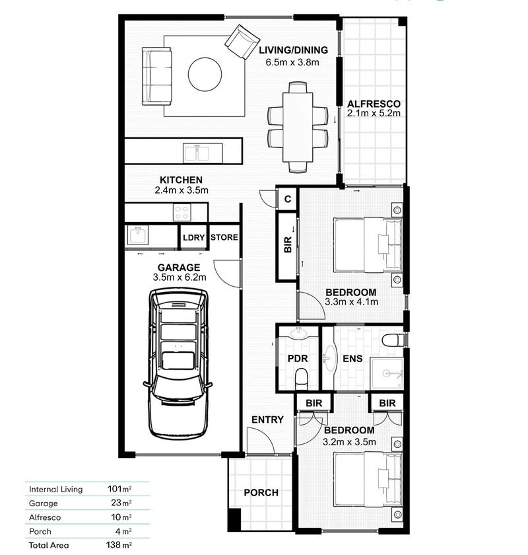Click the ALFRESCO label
click(374, 104)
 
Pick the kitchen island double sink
click(197, 153)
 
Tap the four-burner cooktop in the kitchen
click(181, 213)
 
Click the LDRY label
click(193, 237)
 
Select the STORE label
click(224, 237)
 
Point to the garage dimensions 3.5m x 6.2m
click(180, 278)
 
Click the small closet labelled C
click(288, 198)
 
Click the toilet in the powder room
click(302, 378)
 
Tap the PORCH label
click(261, 493)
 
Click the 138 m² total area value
click(119, 545)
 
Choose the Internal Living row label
click(55, 490)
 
